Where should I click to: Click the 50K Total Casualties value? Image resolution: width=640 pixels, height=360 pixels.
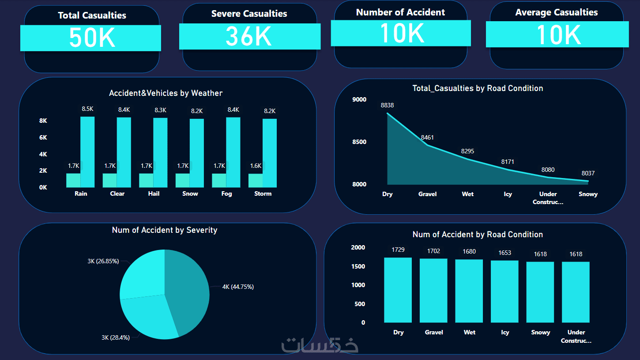92,38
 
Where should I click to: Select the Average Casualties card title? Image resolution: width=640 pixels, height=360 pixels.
556,12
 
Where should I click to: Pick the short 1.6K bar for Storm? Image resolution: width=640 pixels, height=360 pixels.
256,180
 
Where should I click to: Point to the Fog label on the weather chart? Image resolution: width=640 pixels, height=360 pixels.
226,193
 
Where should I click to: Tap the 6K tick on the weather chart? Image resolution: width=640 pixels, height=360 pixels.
43,137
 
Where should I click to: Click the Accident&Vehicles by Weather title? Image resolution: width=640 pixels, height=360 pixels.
166,93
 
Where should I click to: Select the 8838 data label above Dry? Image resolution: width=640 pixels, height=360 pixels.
388,105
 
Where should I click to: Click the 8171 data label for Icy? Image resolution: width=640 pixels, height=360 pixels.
508,162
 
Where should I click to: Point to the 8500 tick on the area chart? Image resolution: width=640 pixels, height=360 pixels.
359,142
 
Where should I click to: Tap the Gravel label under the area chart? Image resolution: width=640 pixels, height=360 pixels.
427,194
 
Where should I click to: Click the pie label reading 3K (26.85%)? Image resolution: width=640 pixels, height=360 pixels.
103,261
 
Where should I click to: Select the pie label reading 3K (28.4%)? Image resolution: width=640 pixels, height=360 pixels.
116,337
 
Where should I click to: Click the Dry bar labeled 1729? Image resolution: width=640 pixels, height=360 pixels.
398,290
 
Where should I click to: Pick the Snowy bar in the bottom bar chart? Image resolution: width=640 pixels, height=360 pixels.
540,292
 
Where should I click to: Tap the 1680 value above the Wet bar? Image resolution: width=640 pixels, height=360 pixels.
469,251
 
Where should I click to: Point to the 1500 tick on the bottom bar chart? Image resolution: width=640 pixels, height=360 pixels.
358,266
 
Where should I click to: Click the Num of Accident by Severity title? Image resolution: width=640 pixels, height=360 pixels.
165,230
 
